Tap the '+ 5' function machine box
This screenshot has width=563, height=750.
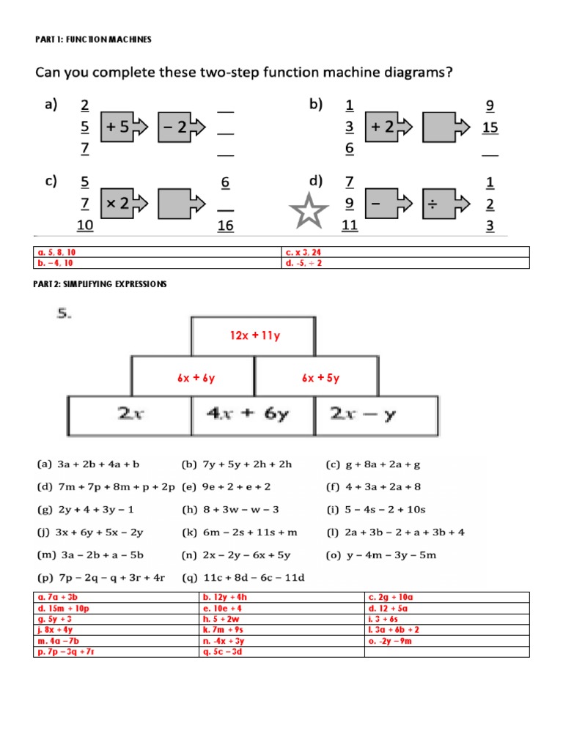118,127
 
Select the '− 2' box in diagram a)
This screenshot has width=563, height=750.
175,127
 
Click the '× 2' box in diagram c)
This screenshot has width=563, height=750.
118,204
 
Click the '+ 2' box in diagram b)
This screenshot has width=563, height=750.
385,127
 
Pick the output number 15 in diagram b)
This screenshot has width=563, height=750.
490,127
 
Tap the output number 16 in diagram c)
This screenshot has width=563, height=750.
225,226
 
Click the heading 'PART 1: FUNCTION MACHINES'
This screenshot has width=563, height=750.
93,40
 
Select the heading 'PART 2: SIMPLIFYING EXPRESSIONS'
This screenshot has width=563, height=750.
101,283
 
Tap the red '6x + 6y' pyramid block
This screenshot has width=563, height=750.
195,378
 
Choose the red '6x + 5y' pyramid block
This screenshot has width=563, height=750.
320,378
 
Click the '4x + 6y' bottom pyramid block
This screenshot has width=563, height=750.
253,415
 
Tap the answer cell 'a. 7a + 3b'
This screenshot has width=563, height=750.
117,597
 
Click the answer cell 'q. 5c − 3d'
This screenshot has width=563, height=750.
281,652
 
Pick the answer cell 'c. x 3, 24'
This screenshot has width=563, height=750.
405,253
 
